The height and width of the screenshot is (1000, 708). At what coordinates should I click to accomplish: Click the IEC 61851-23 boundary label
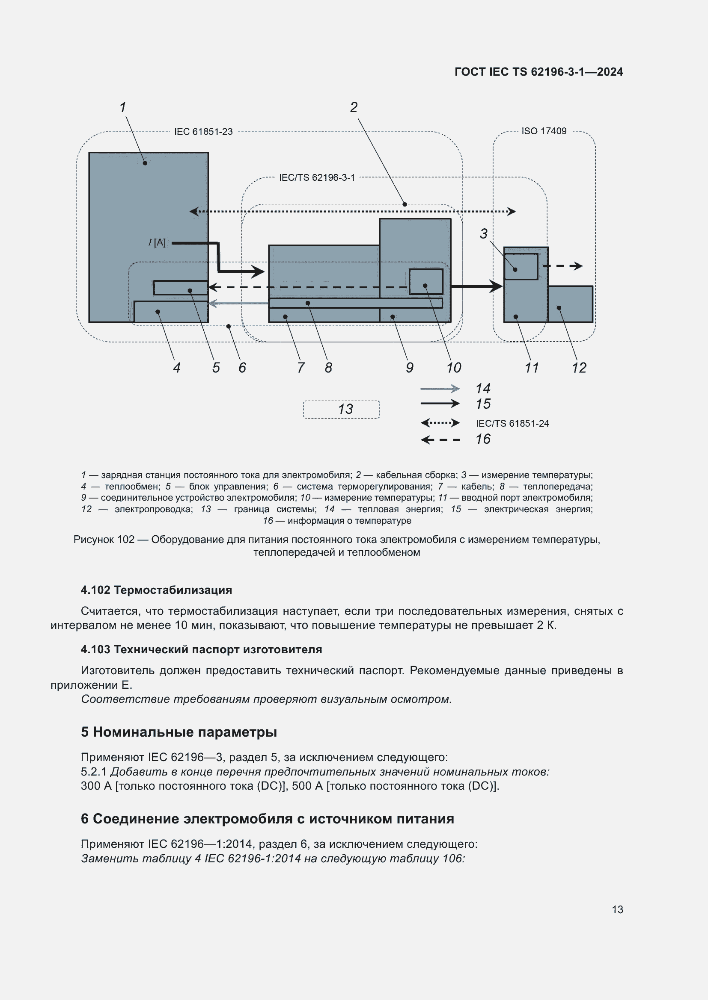pos(203,132)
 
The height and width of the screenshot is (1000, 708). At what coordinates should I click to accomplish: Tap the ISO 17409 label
pos(544,131)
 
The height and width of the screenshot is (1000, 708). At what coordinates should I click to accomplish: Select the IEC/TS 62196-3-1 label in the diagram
pos(316,178)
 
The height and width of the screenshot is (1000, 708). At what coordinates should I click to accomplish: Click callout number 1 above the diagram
pos(123,107)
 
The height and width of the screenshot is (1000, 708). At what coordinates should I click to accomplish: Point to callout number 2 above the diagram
pos(354,107)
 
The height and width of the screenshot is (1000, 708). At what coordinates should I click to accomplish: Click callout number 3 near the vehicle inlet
pos(483,234)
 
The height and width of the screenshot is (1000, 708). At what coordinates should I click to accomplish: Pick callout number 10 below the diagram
pos(453,368)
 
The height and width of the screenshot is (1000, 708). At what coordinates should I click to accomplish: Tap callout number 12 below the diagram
pos(579,368)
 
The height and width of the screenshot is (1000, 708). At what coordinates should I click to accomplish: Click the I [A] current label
pos(158,242)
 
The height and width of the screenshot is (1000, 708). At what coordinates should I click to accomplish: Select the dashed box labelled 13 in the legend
pos(341,410)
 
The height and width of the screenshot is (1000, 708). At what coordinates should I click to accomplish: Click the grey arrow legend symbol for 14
pos(440,389)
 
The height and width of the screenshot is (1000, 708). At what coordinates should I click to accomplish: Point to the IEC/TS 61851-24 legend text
pos(512,423)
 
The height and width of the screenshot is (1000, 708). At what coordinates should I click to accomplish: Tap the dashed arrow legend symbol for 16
pos(440,440)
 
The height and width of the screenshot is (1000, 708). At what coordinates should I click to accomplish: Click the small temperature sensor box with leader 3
pos(521,266)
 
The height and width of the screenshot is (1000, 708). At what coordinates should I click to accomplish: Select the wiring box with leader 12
pos(570,304)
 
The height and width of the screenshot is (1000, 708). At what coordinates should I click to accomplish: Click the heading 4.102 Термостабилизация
pos(156,590)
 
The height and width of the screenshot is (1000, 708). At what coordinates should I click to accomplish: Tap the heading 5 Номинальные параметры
pos(179,732)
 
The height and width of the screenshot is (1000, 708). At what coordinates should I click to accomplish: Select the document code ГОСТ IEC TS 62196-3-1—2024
pos(538,72)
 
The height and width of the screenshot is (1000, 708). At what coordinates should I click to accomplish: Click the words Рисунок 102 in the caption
pos(104,540)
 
